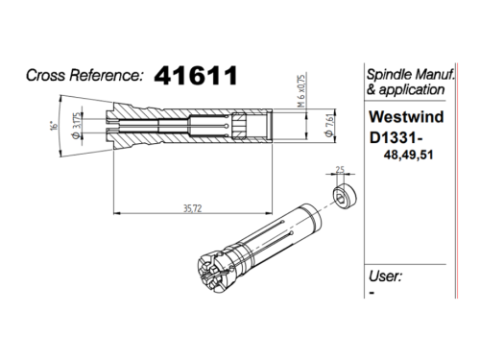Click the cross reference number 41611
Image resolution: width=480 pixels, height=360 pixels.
pos(196,76)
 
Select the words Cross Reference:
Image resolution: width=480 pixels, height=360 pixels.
pos(84,76)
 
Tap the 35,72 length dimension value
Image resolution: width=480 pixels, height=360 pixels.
pos(193,208)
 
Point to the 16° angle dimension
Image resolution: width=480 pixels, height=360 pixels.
pos(55,125)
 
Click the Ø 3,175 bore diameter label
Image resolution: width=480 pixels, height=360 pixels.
pos(77,126)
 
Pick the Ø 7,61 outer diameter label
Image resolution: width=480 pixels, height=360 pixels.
pos(329,126)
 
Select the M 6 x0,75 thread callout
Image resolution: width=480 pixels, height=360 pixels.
pos(301,90)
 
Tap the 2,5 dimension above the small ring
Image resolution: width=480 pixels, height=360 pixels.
pos(340,169)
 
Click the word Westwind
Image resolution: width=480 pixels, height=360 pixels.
pos(406,117)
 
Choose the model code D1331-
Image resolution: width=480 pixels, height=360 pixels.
pos(396,138)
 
